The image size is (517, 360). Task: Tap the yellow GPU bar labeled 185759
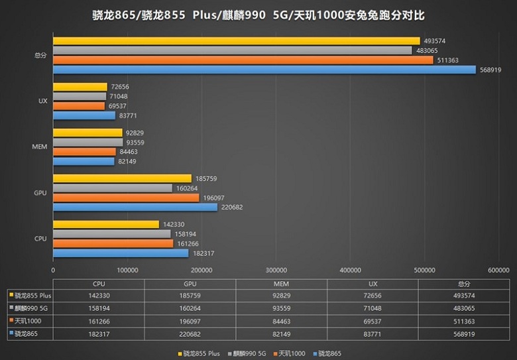122,178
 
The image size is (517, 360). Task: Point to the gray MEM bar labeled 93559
87,142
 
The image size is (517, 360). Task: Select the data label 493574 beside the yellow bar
434,40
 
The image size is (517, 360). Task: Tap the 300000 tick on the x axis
276,270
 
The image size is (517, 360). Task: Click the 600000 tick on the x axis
498,270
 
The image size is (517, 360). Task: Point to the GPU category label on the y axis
40,193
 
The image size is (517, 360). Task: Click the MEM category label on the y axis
40,147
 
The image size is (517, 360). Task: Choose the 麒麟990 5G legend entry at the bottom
250,352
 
